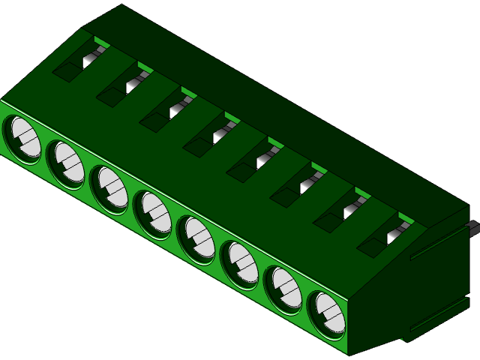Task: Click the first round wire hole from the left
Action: coord(22,139)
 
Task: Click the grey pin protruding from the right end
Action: coord(473,227)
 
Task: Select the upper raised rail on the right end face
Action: coord(439,244)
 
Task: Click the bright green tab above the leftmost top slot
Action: coord(102,44)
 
